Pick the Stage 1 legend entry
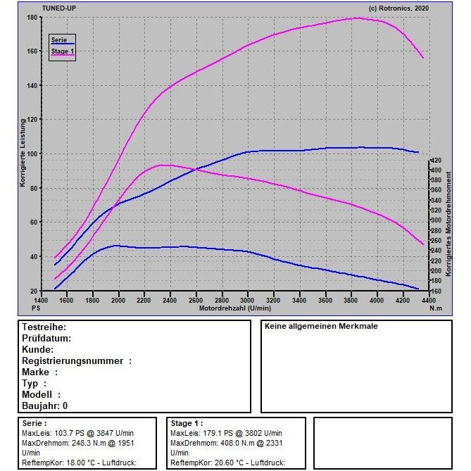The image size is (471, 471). click(62, 51)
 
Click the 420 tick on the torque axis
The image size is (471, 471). click(437, 161)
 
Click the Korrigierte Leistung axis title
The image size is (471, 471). click(23, 153)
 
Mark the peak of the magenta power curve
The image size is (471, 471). click(357, 18)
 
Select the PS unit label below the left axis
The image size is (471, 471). click(36, 308)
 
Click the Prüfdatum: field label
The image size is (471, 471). click(47, 339)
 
